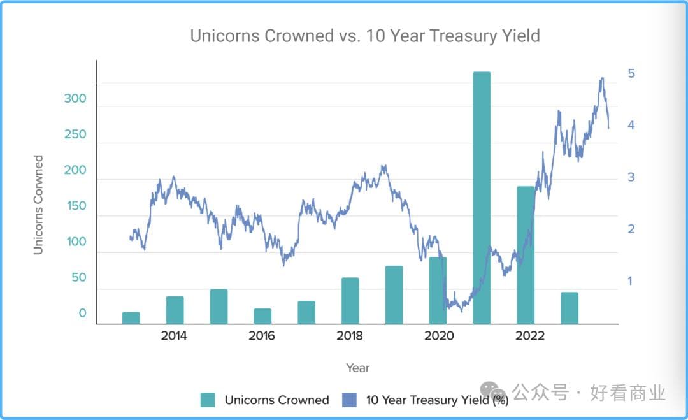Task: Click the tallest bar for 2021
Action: click(482, 198)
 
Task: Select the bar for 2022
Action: click(526, 255)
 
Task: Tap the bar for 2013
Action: click(131, 317)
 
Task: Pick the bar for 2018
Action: click(350, 300)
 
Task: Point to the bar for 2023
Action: click(570, 308)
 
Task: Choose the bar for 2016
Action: click(262, 316)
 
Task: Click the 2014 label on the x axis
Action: click(174, 336)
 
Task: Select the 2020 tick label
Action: click(438, 336)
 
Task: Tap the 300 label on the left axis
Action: click(75, 99)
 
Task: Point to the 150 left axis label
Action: click(75, 206)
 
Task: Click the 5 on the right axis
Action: click(631, 73)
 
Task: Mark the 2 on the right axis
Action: click(631, 229)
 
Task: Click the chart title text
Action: click(365, 36)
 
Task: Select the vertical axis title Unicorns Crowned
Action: click(39, 205)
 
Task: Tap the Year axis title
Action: click(357, 368)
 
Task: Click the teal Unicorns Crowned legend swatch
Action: click(208, 400)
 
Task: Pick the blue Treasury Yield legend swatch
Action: click(350, 400)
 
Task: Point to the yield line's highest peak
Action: click(601, 79)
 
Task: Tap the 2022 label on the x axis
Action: click(526, 336)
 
